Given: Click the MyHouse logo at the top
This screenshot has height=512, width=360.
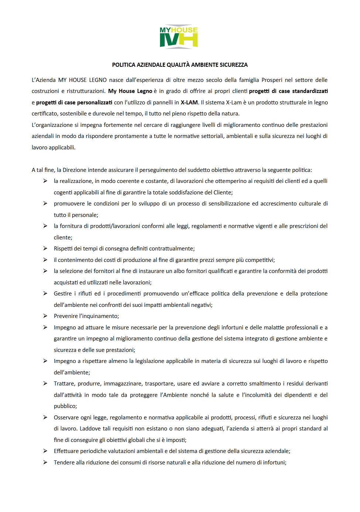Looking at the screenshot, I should tap(179, 37).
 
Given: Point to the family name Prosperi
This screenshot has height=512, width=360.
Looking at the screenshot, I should tap(272, 80).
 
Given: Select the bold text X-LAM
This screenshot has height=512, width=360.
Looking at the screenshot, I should tap(189, 103).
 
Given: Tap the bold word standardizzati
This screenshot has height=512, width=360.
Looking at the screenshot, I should tap(310, 91).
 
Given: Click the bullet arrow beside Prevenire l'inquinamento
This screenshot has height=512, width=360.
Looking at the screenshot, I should tap(45, 316).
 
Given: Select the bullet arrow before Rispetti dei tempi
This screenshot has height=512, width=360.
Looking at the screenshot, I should tap(45, 249).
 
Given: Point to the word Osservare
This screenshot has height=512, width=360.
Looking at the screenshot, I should tap(66, 418).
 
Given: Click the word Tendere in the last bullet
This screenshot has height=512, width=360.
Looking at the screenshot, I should tap(64, 463).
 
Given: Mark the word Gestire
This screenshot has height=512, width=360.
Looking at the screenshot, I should tap(63, 294).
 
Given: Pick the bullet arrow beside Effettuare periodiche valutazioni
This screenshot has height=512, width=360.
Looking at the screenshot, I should tap(45, 451).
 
